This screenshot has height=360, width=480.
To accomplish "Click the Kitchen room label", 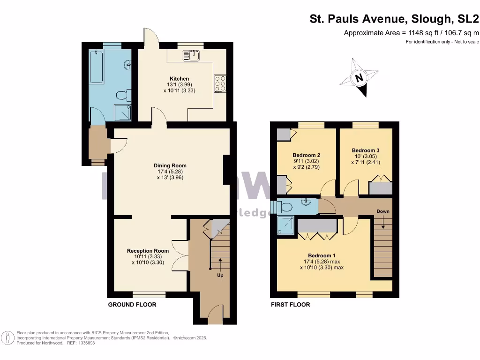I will coord(179,79).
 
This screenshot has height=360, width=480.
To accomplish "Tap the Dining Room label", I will coord(170,165).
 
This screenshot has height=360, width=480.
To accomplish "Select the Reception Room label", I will coord(148,251).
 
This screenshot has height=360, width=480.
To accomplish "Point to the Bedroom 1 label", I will coord(322,255).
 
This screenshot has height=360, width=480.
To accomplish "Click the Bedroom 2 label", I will coord(306,155).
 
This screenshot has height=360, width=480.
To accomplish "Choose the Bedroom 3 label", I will coord(366,150).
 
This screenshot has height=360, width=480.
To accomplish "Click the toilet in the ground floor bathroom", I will coord(122,96).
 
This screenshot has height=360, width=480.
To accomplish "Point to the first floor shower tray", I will coord(286,226).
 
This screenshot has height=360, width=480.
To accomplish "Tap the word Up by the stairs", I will coord(220,275).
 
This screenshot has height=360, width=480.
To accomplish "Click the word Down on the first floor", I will coord(383,211).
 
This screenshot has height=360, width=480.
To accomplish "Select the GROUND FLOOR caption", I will coord(132,305).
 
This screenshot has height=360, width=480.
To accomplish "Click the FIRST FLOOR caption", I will coord(291,305).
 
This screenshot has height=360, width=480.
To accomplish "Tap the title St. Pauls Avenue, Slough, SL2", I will coord(394,19).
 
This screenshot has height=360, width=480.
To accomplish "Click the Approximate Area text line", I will coord(412,33).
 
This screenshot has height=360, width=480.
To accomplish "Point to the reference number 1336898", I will coord(85,343).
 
